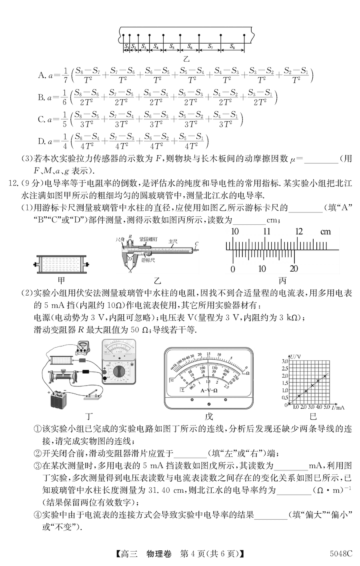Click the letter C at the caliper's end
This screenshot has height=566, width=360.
coord(196,243)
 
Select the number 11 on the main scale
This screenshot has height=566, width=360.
coord(266,232)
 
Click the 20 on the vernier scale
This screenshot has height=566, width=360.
coord(294,269)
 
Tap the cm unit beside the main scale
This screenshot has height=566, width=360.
coord(326,232)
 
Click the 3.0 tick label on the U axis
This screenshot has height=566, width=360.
coord(285,361)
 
